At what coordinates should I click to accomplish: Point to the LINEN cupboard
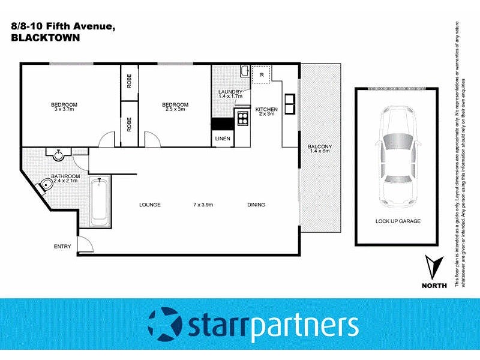[x=221, y=139]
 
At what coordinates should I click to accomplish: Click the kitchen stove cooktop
[x=242, y=118]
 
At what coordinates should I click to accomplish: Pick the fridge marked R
[x=262, y=75]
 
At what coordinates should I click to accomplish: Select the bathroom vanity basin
[x=59, y=155]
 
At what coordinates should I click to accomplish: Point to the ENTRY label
[x=62, y=247]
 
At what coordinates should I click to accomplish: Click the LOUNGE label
[x=149, y=205]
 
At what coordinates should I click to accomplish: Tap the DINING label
[x=256, y=205]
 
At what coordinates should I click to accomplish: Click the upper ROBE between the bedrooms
[x=129, y=82]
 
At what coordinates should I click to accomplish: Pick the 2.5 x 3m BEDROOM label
[x=175, y=107]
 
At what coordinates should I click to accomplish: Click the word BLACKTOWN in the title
[x=46, y=38]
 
